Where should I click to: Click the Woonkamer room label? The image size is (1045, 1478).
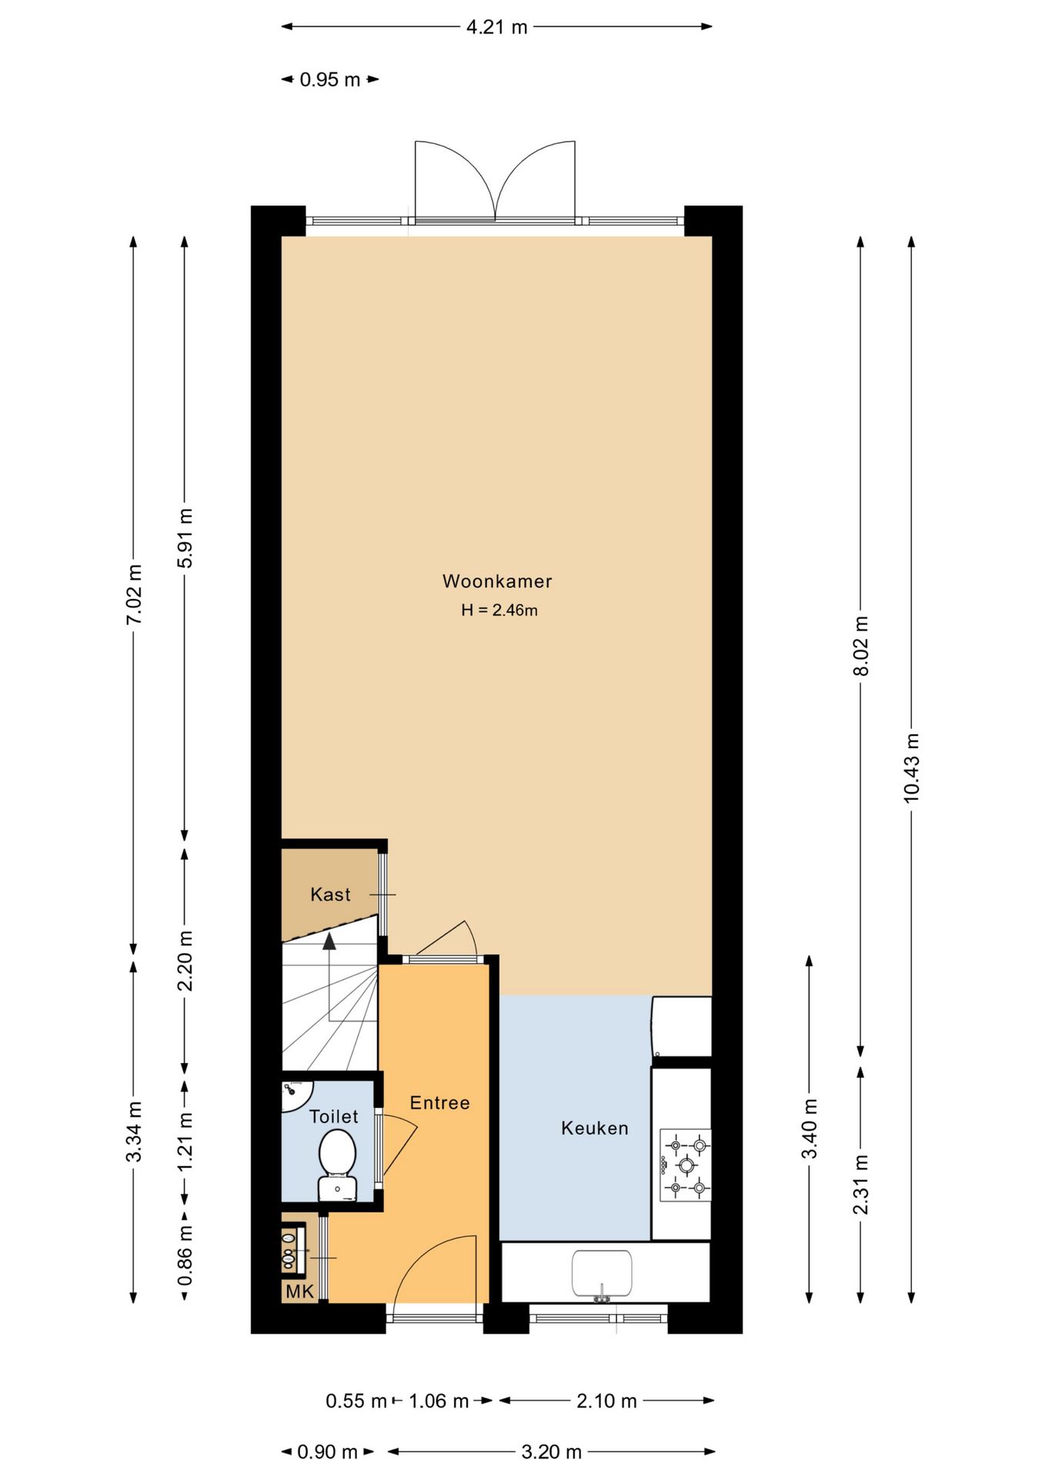click(497, 581)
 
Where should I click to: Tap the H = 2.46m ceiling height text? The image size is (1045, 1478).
click(499, 610)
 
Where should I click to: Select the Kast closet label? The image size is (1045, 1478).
click(330, 894)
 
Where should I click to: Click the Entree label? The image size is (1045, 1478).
click(439, 1103)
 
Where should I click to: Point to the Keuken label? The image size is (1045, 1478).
click(595, 1129)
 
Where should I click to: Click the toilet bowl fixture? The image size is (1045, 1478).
click(338, 1164)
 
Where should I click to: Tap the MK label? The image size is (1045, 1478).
click(300, 1291)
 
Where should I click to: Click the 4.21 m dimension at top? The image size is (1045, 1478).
click(497, 27)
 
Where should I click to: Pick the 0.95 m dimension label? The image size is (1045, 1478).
click(330, 79)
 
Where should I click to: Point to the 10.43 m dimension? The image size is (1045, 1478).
click(911, 767)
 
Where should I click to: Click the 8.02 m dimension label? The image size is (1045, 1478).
click(861, 646)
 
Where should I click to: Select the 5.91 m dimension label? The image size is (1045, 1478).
click(185, 537)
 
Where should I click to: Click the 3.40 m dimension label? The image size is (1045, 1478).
click(810, 1129)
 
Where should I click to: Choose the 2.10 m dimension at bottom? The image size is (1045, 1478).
click(606, 1400)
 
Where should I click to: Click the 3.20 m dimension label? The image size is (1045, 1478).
click(551, 1452)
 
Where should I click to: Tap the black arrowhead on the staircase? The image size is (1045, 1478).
click(329, 940)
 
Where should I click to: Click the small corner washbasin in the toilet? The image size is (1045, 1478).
click(295, 1093)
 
